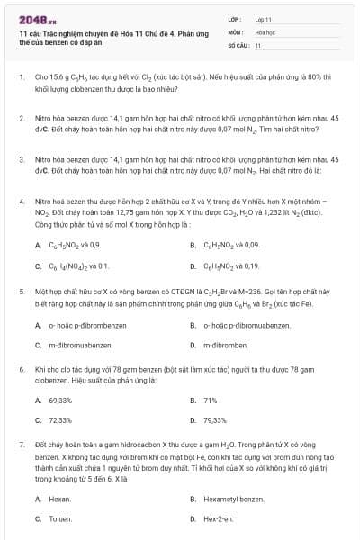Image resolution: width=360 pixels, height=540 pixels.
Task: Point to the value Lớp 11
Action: pyautogui.click(x=264, y=18)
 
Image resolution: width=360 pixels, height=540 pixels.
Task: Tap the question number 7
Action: pyautogui.click(x=21, y=445)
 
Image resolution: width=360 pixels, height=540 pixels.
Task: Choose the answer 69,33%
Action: pyautogui.click(x=60, y=400)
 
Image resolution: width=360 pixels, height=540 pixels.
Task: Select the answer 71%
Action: pyautogui.click(x=211, y=400)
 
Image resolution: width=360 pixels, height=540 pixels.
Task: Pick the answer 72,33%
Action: pyautogui.click(x=60, y=420)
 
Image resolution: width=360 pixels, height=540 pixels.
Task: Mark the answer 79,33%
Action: pyautogui.click(x=215, y=420)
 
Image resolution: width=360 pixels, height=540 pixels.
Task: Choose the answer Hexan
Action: pyautogui.click(x=59, y=499)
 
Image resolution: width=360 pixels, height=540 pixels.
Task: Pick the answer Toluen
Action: pyautogui.click(x=60, y=518)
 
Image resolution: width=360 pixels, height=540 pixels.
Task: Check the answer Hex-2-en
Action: pyautogui.click(x=219, y=518)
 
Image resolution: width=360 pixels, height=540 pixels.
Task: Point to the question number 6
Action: pyautogui.click(x=21, y=369)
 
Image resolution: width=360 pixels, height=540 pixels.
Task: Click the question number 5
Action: pyautogui.click(x=21, y=293)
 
